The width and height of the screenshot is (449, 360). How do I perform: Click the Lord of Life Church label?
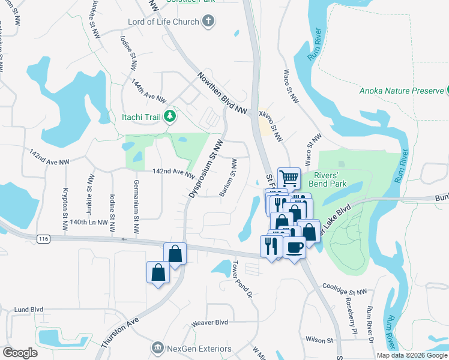163,22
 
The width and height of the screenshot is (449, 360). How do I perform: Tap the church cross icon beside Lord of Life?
208,22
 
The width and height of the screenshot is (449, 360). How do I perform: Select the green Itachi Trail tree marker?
170,115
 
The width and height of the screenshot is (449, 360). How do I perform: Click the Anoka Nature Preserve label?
402,91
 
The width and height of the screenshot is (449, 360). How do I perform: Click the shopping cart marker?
289,178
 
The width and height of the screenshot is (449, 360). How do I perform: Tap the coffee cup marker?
294,247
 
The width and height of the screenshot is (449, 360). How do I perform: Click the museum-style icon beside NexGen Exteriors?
157,348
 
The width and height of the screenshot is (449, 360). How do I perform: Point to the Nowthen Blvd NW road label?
223,94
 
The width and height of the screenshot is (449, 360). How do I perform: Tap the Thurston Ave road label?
122,329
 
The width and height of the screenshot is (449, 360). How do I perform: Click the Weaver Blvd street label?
209,322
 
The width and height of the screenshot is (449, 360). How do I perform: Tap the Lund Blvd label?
28,310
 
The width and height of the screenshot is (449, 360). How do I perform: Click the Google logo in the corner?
19,353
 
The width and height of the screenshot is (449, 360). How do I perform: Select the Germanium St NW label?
136,206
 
